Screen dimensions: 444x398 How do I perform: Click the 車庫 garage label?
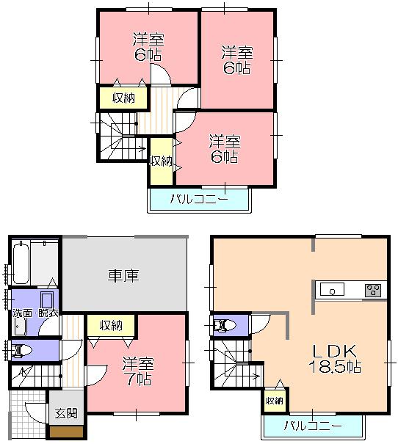click(123, 276)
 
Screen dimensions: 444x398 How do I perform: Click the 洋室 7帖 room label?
click(137, 371)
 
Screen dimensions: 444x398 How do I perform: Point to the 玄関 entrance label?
click(66, 413)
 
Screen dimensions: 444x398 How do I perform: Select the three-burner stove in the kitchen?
click(372, 291)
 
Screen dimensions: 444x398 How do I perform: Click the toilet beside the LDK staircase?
click(224, 325)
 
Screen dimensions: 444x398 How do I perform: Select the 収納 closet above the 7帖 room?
click(111, 326)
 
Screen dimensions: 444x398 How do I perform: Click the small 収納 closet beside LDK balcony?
click(274, 401)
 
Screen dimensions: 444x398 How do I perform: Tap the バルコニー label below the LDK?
click(313, 426)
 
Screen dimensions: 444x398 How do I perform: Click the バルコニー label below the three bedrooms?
click(198, 198)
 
